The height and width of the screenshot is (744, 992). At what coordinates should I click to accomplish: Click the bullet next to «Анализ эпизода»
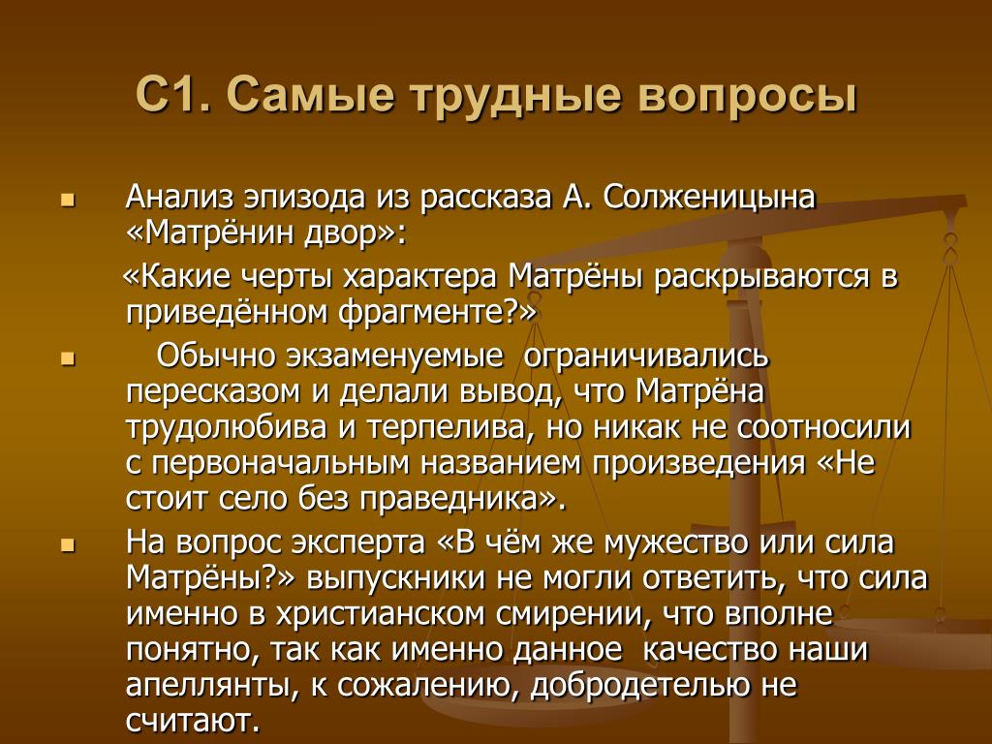[68, 201]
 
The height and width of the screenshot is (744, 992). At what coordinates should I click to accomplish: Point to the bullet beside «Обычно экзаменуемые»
[68, 360]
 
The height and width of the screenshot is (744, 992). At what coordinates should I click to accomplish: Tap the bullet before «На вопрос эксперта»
[68, 545]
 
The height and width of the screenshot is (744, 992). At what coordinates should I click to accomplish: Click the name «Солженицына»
[709, 199]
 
